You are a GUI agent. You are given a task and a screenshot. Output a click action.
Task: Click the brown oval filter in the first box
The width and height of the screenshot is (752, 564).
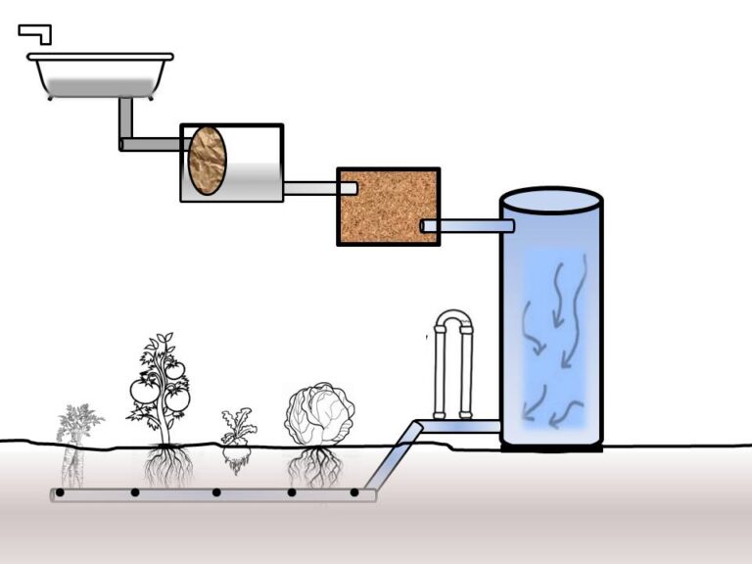[208, 162]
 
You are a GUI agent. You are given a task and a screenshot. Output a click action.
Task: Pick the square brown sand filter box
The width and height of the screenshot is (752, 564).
[388, 207]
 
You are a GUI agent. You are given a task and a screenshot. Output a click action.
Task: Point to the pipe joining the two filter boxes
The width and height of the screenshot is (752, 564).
[311, 188]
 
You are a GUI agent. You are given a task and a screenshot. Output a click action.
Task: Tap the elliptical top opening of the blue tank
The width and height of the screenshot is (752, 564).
[551, 201]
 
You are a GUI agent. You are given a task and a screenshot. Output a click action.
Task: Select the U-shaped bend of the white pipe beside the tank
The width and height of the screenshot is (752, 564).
[453, 320]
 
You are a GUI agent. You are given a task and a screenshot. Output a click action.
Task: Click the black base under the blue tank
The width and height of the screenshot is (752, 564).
[551, 447]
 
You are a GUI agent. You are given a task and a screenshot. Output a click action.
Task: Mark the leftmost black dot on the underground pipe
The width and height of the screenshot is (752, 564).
[60, 493]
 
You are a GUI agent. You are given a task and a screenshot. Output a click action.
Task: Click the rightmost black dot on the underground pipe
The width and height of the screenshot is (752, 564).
[354, 493]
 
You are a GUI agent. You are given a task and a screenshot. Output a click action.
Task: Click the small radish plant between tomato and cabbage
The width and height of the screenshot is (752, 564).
[236, 438]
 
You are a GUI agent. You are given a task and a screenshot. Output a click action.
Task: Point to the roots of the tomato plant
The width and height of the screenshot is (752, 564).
[167, 467]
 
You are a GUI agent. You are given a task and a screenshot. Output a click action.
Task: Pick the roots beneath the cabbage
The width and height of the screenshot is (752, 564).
[314, 468]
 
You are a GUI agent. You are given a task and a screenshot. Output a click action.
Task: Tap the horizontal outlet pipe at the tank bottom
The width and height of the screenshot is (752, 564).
[460, 427]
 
